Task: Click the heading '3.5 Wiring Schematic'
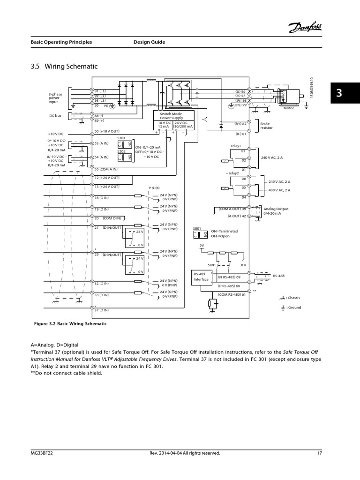[64, 67]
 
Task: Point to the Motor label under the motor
[290, 108]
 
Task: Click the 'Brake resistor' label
[266, 126]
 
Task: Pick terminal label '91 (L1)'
[100, 91]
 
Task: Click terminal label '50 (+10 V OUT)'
[107, 131]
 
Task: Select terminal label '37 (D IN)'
[102, 310]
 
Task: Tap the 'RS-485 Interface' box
[201, 277]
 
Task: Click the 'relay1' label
[235, 146]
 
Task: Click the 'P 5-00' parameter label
[154, 187]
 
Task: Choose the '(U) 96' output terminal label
[240, 91]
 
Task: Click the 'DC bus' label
[55, 115]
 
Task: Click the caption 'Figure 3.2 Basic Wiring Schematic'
[70, 324]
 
